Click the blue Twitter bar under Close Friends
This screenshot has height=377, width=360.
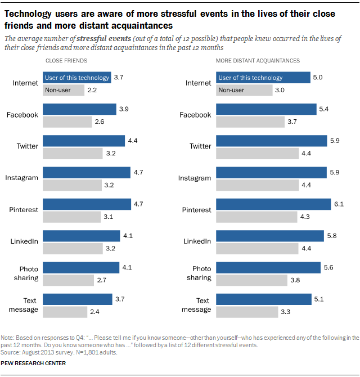[84, 141]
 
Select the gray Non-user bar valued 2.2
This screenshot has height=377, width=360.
[64, 90]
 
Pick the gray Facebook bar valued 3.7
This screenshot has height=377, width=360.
[249, 122]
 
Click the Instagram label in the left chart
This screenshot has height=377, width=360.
[22, 178]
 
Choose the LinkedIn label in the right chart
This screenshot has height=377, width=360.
[197, 241]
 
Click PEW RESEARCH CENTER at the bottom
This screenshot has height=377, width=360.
[34, 363]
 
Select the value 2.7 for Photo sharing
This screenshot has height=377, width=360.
[102, 280]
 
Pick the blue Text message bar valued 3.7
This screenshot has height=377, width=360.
[78, 299]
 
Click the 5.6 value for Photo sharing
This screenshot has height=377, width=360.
[329, 267]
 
